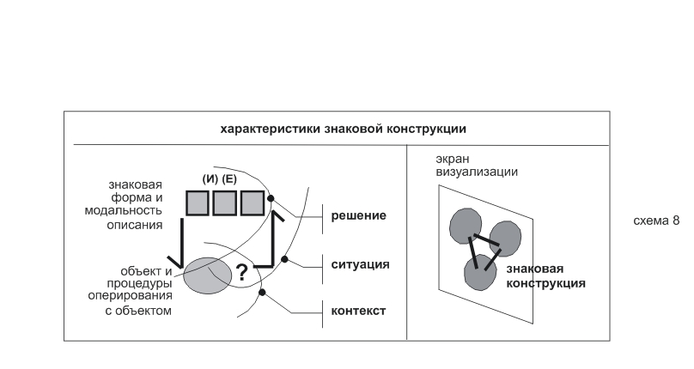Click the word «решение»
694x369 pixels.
pos(358,216)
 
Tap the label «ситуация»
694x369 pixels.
pos(360,264)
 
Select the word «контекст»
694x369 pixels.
pos(358,311)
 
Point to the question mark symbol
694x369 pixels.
pos(241,273)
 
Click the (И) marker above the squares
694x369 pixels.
pos(210,179)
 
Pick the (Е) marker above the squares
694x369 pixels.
pos(229,179)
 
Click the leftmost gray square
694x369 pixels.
pos(198,203)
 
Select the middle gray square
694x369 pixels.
pos(224,203)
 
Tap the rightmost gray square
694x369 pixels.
pos(253,203)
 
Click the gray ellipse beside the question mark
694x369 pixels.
pos(208,275)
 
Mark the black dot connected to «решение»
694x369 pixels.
pos(271,198)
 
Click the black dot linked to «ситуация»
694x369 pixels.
pos(284,259)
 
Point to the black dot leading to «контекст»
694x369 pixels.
pos(262,293)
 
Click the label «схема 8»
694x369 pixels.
pos(656,221)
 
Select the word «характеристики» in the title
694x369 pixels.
pos(271,130)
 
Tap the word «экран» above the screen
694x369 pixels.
pos(453,160)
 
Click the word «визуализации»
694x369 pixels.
pos(477,172)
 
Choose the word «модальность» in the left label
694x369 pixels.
pos(124,210)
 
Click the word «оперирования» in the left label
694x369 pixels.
pos(131,295)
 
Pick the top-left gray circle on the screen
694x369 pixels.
pos(466,226)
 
